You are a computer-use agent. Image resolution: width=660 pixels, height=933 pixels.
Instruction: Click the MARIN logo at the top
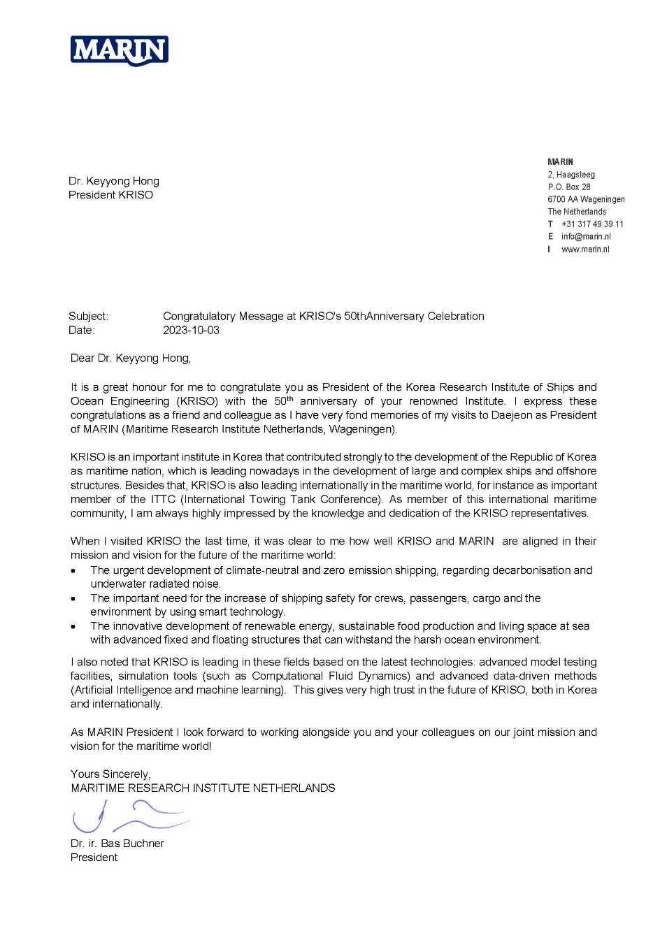[120, 51]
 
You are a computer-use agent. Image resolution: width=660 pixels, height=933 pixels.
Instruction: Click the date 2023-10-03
[191, 330]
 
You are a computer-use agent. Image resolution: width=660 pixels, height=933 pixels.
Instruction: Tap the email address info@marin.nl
[586, 236]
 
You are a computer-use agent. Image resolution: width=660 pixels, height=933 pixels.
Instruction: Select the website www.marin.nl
[585, 249]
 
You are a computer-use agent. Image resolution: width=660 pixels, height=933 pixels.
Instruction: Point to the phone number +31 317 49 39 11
[592, 224]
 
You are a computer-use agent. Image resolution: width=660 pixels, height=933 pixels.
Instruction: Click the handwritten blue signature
[129, 816]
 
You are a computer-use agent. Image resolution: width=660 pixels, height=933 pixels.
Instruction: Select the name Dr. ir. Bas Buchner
[117, 844]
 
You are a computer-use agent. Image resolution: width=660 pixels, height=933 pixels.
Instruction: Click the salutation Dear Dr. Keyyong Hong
[131, 358]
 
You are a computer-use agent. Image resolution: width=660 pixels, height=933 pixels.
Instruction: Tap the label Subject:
[88, 316]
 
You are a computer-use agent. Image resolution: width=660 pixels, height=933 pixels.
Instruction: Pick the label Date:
[82, 330]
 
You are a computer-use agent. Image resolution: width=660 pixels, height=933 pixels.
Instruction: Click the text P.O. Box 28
[569, 187]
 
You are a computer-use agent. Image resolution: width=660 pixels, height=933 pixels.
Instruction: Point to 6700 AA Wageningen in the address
[586, 199]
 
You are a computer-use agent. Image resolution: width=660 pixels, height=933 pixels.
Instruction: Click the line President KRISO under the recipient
[110, 195]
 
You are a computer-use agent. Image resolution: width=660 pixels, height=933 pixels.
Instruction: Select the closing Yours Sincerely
[110, 774]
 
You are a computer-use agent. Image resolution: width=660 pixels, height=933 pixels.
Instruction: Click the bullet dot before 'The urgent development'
[73, 571]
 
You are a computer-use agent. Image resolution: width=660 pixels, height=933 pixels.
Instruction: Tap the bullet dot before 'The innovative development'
[73, 627]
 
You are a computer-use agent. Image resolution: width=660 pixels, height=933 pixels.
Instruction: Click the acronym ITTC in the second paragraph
[163, 499]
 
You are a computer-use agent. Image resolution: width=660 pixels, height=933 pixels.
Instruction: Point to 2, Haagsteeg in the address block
[571, 175]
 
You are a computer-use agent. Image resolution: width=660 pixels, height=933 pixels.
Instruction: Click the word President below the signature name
[94, 858]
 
